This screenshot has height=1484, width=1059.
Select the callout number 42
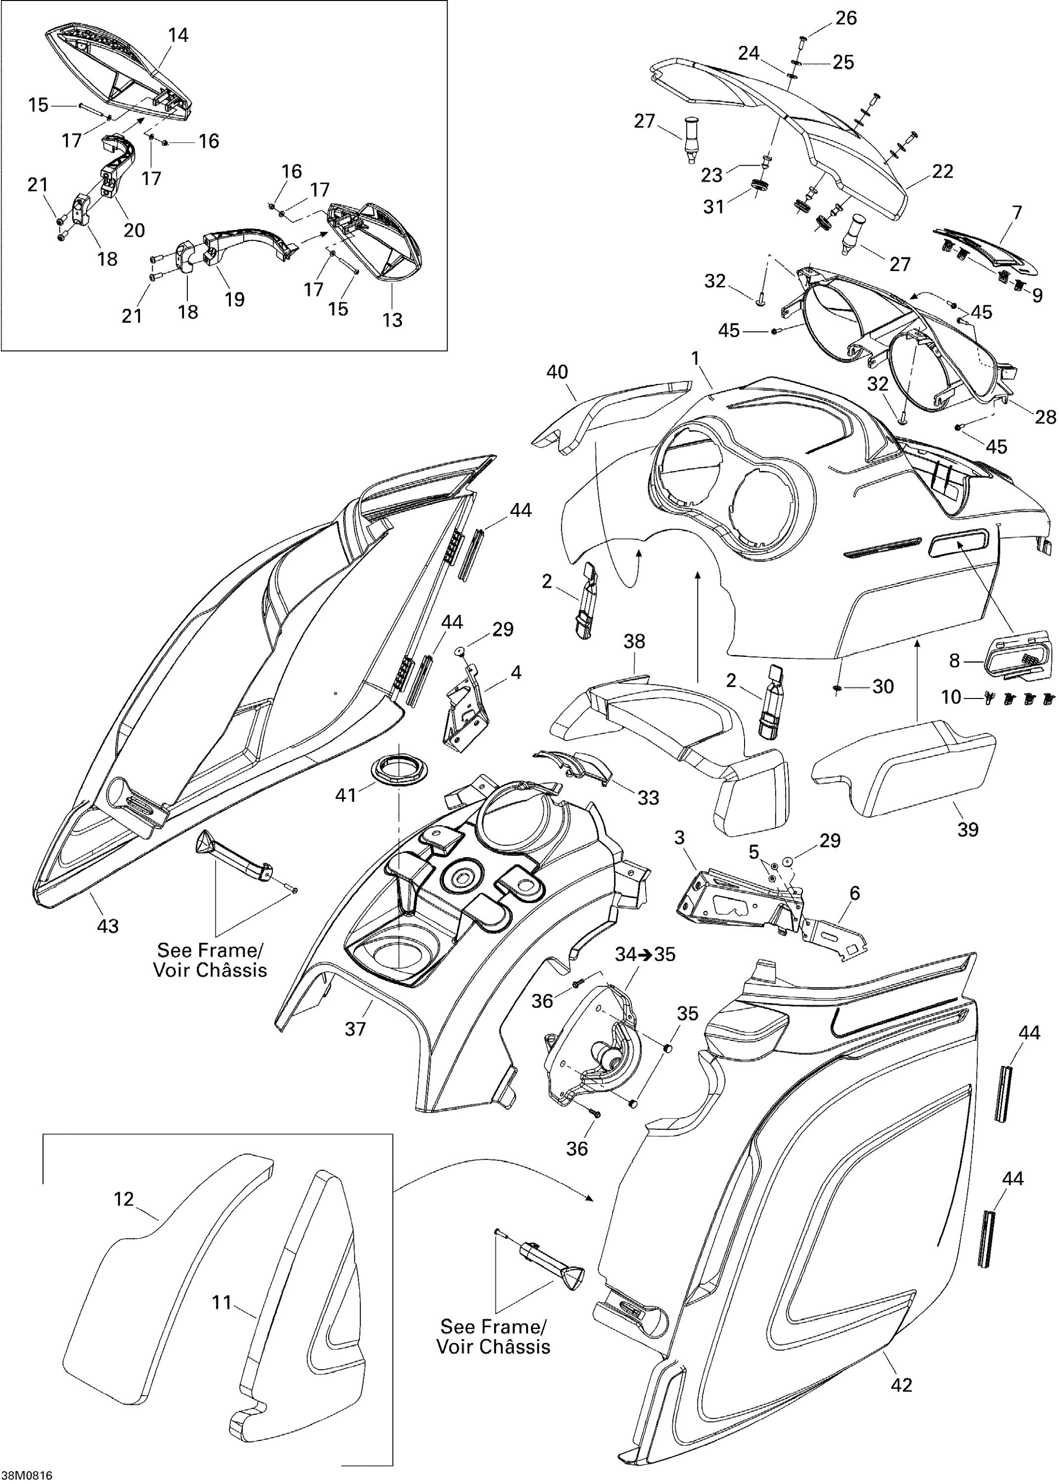tap(901, 1385)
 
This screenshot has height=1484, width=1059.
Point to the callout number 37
tap(355, 1029)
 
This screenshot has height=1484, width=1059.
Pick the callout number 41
tap(346, 794)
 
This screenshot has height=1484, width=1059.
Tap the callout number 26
tap(846, 18)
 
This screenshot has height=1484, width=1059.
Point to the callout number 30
tap(883, 686)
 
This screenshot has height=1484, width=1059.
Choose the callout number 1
tap(695, 358)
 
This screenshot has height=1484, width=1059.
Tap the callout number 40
tap(557, 372)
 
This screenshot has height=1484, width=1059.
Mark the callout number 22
tap(943, 172)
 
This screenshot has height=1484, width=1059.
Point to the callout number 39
tap(968, 829)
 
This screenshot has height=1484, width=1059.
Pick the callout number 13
tap(392, 320)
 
